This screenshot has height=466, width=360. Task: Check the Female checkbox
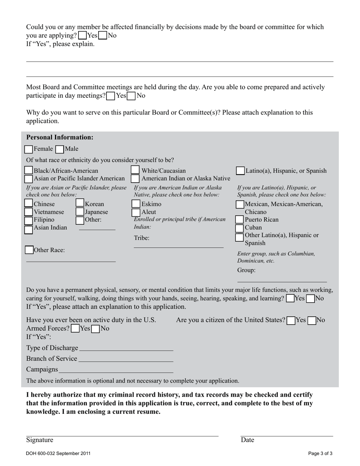[29, 149]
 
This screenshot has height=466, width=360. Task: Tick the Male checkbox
[60, 149]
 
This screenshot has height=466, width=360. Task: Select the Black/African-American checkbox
[29, 171]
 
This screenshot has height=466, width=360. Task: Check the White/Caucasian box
[135, 171]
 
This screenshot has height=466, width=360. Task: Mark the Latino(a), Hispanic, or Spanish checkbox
[240, 171]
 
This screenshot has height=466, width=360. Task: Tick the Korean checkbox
[80, 204]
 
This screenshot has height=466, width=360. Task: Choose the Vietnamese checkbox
[29, 212]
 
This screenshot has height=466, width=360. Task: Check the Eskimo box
[136, 204]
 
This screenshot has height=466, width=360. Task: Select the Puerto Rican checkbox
[239, 220]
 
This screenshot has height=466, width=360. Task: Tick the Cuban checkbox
[239, 228]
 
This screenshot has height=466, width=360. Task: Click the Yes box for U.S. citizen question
[291, 321]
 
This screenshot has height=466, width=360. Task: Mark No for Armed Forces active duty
[96, 329]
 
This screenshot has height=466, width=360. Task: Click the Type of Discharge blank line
[126, 348]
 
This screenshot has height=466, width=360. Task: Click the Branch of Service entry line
[125, 359]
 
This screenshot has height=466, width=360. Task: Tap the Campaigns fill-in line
[116, 370]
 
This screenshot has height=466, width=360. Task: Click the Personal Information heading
[59, 137]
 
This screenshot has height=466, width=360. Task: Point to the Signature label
[40, 440]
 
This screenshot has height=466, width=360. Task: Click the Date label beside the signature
[247, 440]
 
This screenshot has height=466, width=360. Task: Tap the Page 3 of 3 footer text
[320, 453]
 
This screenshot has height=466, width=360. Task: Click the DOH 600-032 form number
[58, 453]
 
